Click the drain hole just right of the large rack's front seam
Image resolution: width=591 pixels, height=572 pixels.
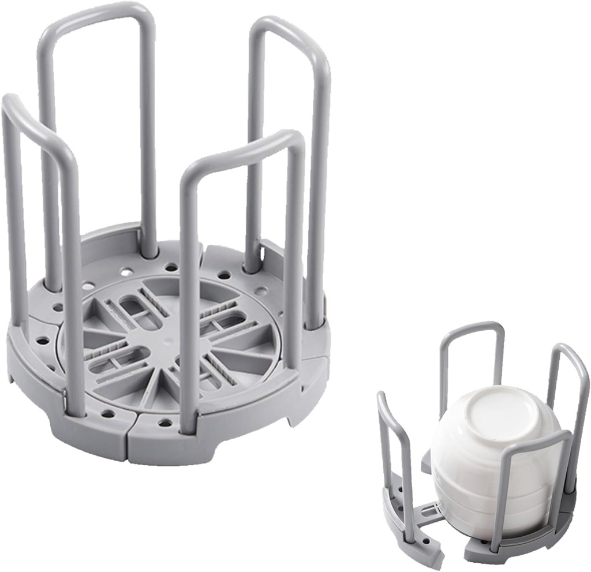pos(165,423)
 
